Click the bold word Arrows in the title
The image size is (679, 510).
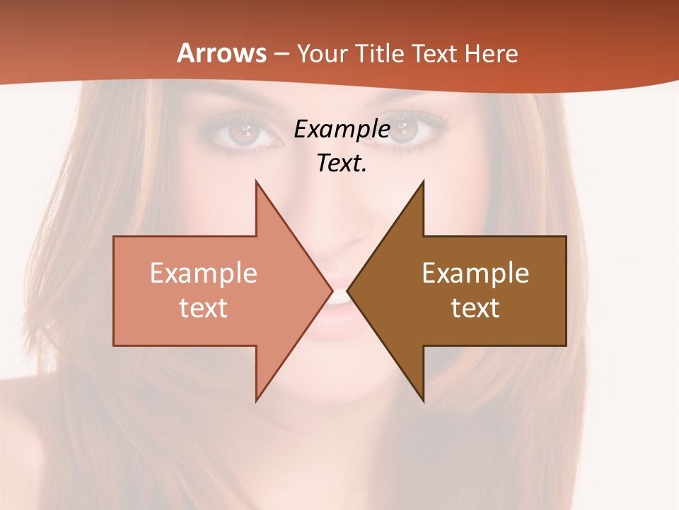click(x=221, y=53)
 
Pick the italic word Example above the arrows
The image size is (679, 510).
click(x=342, y=130)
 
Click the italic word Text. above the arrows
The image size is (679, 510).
click(x=342, y=164)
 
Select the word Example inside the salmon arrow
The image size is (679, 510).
click(x=204, y=273)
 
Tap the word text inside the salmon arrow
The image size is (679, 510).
click(x=204, y=308)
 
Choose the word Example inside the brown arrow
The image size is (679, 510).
click(x=475, y=273)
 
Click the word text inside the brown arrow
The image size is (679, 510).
click(x=475, y=308)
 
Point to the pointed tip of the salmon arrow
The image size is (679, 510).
click(x=331, y=290)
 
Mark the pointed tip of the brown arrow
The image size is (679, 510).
click(x=349, y=290)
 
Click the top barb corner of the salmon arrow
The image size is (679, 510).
click(x=257, y=183)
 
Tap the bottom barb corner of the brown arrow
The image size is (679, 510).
click(x=423, y=399)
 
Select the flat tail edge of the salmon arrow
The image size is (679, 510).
click(x=115, y=291)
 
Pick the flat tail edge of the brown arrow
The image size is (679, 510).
click(x=566, y=291)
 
